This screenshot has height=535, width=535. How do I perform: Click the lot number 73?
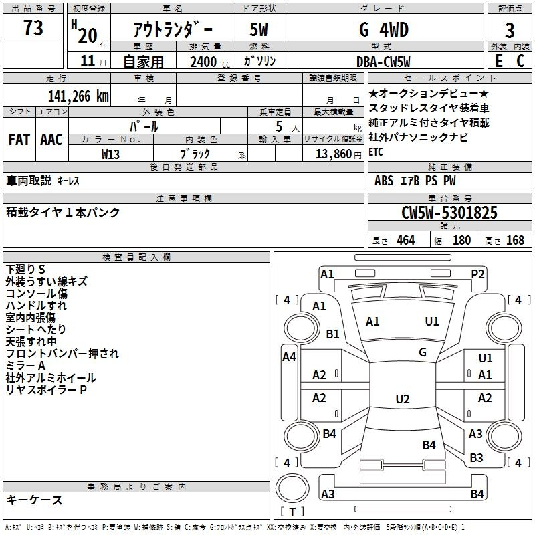point(33,27)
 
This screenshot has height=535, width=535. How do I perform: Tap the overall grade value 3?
point(510,31)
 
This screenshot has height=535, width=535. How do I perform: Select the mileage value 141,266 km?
point(78,96)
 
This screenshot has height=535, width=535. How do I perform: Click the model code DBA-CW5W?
point(383,62)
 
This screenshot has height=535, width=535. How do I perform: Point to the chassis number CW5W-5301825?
point(449,212)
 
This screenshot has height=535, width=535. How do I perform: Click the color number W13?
point(110,154)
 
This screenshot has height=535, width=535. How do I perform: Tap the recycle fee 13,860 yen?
point(338,154)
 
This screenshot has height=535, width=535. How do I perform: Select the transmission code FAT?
point(19,140)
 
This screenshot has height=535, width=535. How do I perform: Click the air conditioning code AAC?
point(51,140)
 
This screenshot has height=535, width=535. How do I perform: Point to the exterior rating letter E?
point(499,61)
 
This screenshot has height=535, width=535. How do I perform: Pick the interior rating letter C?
point(520,61)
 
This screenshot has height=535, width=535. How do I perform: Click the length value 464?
point(405,240)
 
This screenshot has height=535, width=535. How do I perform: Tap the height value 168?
point(515,240)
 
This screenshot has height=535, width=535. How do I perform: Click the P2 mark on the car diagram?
point(477,274)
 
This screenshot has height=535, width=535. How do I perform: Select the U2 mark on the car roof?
point(403,399)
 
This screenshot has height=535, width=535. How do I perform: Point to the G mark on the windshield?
point(423,352)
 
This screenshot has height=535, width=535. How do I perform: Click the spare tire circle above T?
point(292,488)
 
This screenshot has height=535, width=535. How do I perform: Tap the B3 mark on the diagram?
point(476,457)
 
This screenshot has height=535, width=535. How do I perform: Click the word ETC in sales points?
point(376,152)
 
